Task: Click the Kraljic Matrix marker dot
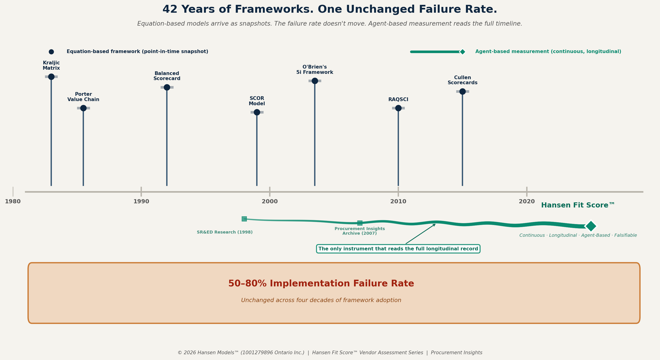tap(51, 77)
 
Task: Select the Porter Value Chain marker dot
tap(83, 108)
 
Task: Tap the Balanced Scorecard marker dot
tap(167, 87)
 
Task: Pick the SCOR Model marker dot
tap(257, 112)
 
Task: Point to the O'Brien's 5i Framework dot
tap(315, 81)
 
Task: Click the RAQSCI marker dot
tap(398, 108)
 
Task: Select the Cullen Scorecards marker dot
tap(462, 91)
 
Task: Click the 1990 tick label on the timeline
tap(141, 202)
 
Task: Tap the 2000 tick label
tap(270, 202)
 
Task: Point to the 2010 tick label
tap(398, 202)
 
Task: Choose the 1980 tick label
tap(13, 202)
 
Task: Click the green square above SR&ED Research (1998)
tap(244, 219)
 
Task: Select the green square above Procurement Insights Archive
tap(360, 223)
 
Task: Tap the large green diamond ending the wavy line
tap(591, 226)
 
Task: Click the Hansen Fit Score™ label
tap(578, 205)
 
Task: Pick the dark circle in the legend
tap(51, 52)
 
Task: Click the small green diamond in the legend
tap(462, 52)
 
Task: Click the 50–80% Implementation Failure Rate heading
tap(321, 284)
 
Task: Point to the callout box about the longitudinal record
tap(398, 249)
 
